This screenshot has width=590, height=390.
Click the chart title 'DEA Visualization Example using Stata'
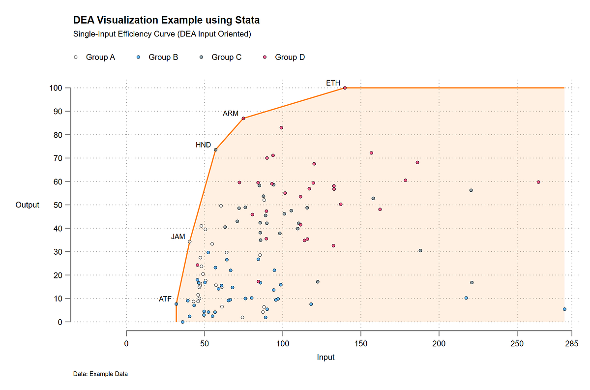pyautogui.click(x=166, y=21)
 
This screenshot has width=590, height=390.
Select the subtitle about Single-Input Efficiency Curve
pyautogui.click(x=162, y=34)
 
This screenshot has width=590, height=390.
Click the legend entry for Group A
pyautogui.click(x=94, y=58)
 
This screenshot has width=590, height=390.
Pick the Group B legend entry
pyautogui.click(x=157, y=58)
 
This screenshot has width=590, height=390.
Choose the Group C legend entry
pyautogui.click(x=221, y=58)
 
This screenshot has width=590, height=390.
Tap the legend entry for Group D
pyautogui.click(x=284, y=58)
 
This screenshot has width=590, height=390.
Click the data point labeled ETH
pyautogui.click(x=345, y=88)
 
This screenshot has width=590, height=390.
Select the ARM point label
pyautogui.click(x=231, y=114)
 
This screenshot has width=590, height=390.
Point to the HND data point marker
pyautogui.click(x=215, y=150)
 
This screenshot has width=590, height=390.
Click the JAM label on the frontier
pyautogui.click(x=178, y=237)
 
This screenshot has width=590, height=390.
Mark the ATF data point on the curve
pyautogui.click(x=176, y=304)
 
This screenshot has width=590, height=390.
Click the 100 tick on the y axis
pyautogui.click(x=56, y=88)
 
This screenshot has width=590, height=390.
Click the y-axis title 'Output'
pyautogui.click(x=28, y=205)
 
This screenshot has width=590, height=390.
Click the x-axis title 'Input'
pyautogui.click(x=325, y=358)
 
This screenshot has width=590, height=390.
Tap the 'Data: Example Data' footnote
pyautogui.click(x=100, y=374)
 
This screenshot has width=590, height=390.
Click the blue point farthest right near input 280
pyautogui.click(x=564, y=309)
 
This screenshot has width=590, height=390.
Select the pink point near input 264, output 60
pyautogui.click(x=538, y=182)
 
